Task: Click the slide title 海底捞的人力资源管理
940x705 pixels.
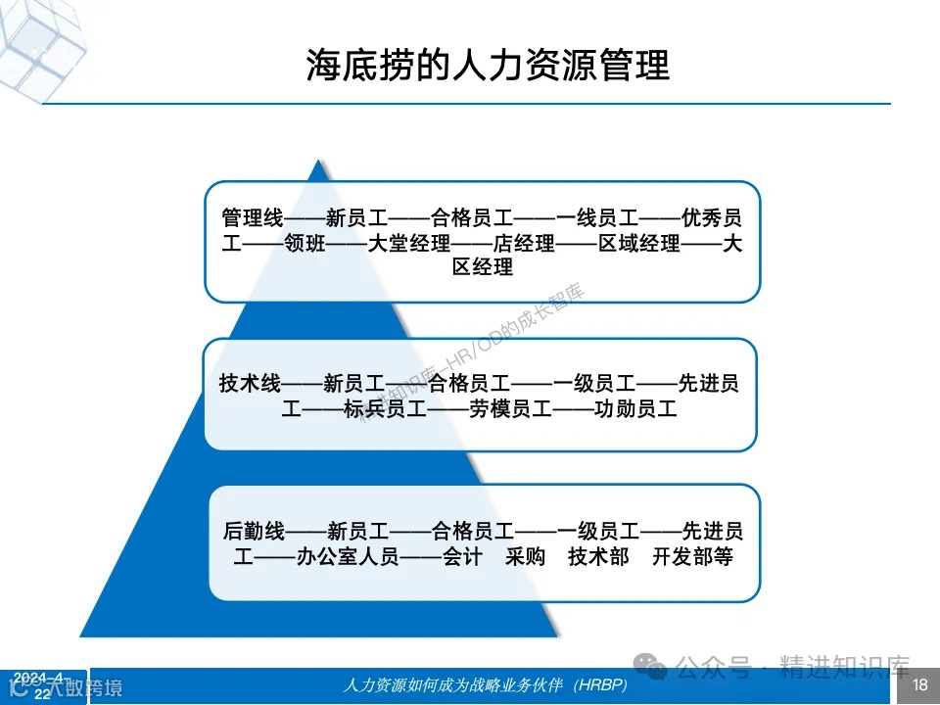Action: coord(488,65)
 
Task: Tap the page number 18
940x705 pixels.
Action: coord(919,683)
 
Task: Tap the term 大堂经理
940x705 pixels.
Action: coord(408,243)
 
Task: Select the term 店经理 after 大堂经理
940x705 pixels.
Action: coord(523,243)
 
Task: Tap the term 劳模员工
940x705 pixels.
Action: coord(489,409)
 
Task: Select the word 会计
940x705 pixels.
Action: coord(462,557)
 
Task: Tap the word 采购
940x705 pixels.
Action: coord(526,557)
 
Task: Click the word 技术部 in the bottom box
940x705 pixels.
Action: coord(598,557)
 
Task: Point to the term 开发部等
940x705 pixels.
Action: coord(691,557)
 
